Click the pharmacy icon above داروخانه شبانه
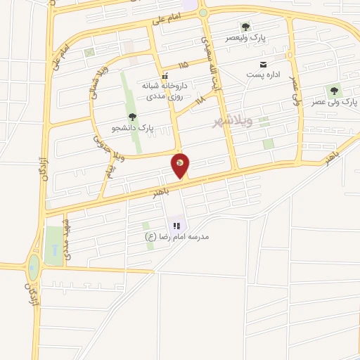click(165, 76)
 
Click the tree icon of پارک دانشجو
click(132, 117)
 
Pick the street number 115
click(184, 65)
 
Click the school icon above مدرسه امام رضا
click(177, 226)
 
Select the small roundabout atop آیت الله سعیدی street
click(202, 13)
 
